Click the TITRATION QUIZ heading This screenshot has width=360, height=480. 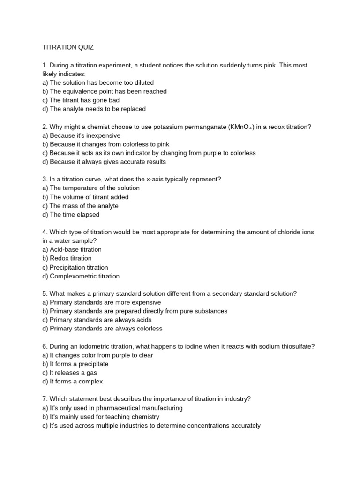coord(68,47)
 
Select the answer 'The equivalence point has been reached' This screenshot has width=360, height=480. coord(104,91)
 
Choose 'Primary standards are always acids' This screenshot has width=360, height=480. coord(97,320)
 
